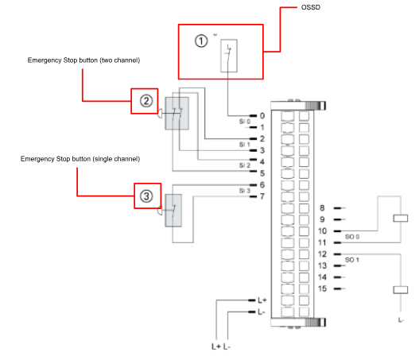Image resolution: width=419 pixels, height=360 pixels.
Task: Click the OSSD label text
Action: (311, 7)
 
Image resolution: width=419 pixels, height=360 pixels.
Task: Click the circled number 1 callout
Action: (201, 41)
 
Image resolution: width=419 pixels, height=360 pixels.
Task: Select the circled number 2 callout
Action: (146, 101)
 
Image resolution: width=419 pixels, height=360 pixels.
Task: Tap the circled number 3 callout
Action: (146, 196)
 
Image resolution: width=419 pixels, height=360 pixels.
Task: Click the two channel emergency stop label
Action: (83, 60)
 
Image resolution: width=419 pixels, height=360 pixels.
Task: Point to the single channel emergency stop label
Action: (80, 159)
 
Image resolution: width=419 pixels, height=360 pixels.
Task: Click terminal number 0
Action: (262, 116)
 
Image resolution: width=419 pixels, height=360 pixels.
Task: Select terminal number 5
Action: (262, 173)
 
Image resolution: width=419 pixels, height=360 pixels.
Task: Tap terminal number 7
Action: (262, 196)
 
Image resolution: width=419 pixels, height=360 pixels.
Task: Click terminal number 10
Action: (322, 231)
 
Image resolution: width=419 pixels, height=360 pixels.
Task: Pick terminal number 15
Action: (322, 288)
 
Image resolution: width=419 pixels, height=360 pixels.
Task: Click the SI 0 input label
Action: (245, 122)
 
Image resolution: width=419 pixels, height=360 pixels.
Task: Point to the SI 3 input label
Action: (245, 191)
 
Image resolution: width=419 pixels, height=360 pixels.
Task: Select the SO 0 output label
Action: (352, 237)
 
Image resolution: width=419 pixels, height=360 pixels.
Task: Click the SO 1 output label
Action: (352, 260)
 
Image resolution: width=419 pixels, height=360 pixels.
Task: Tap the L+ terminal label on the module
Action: (262, 300)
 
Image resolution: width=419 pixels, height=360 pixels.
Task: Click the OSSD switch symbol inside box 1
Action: (229, 56)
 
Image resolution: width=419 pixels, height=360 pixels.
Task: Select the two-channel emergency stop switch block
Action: (177, 114)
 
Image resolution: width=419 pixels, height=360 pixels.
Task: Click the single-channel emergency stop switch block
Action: (173, 211)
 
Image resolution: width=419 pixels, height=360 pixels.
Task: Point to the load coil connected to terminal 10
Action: (401, 219)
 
